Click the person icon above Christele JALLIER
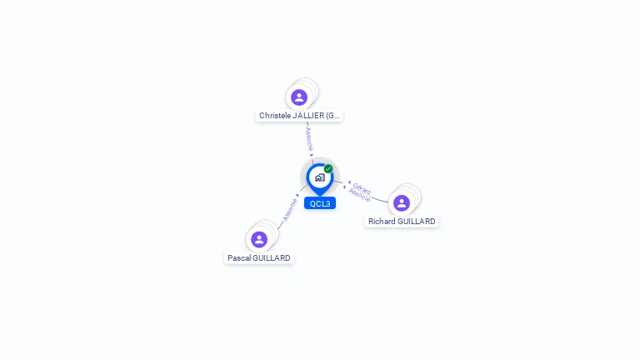point(299,97)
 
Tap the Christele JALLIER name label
point(299,116)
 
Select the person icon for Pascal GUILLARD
point(259,240)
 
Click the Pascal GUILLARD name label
point(259,258)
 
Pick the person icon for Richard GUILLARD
point(402,203)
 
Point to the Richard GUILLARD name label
point(402,222)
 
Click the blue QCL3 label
point(320,203)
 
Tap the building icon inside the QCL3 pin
point(319,177)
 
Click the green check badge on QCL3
point(328,169)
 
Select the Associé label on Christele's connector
point(309,137)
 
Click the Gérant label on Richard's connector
point(362,187)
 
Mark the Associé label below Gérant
point(359,195)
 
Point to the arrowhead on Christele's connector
point(312,154)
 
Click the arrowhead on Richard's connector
point(347,182)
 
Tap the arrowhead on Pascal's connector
point(297,195)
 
